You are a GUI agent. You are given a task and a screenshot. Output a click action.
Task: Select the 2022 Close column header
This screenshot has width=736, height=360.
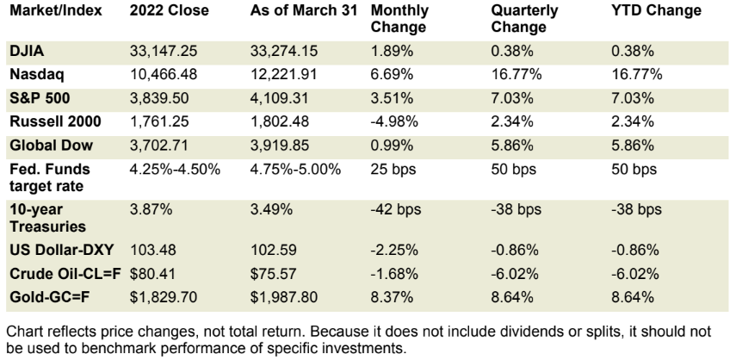coord(167,11)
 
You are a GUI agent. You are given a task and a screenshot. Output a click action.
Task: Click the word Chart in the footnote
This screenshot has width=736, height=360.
coord(25,327)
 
